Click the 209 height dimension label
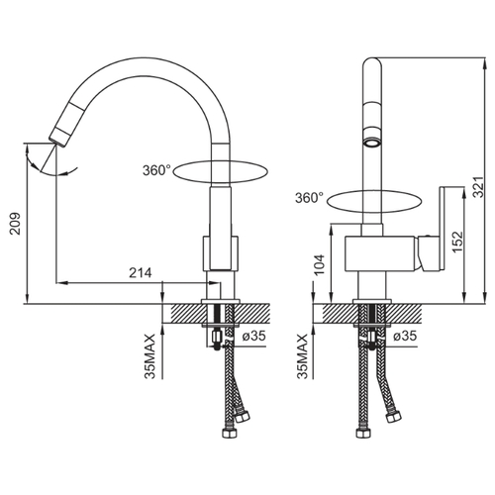[x=15, y=224]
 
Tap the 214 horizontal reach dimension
[x=141, y=273]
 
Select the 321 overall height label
[x=478, y=187]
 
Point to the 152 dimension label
[x=457, y=242]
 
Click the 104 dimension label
[x=320, y=264]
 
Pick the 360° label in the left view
[x=156, y=170]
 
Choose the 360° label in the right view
[x=309, y=198]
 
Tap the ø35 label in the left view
[x=253, y=336]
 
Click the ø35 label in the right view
[x=405, y=336]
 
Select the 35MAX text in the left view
[x=149, y=356]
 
